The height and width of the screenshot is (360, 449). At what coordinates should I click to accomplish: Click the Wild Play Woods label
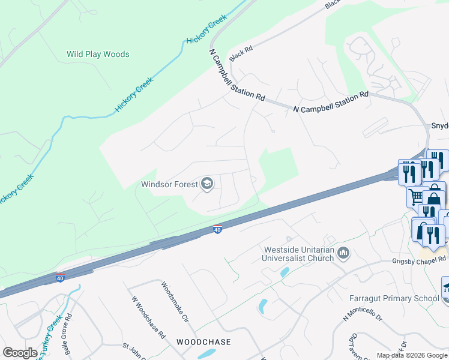click(98, 54)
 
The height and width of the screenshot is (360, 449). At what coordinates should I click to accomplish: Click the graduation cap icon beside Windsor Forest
click(207, 184)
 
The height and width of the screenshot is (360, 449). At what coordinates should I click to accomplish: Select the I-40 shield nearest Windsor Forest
click(217, 229)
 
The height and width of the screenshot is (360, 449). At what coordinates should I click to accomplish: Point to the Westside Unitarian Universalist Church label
click(298, 254)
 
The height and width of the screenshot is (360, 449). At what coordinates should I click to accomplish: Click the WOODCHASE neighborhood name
click(203, 341)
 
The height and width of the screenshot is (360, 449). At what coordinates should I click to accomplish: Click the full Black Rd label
click(237, 53)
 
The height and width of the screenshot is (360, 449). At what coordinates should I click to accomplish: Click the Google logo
click(20, 353)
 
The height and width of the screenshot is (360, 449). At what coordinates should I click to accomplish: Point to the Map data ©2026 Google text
click(411, 355)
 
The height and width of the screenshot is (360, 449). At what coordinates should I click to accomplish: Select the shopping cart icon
click(415, 196)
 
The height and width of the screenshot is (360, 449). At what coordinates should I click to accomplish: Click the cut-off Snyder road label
click(439, 126)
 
